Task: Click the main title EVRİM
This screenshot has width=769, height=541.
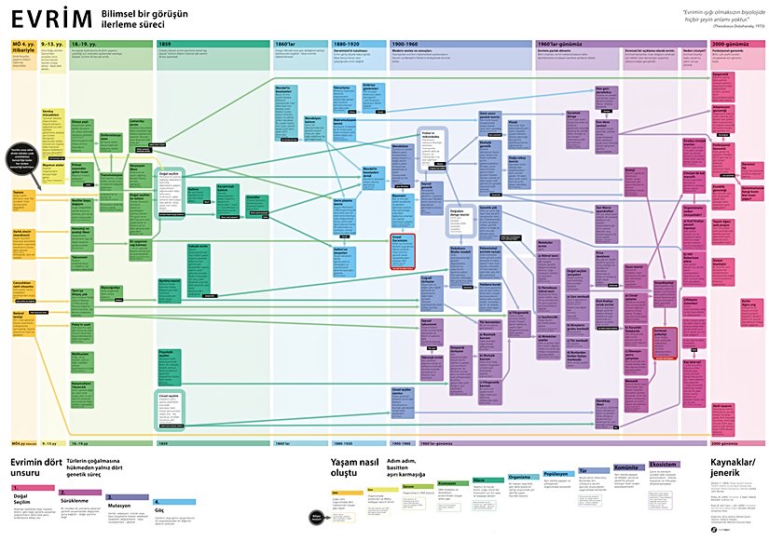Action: (51, 20)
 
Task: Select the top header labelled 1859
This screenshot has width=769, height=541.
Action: (164, 44)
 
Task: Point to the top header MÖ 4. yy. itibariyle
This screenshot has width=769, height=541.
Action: (22, 47)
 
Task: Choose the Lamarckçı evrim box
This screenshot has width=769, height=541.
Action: (138, 126)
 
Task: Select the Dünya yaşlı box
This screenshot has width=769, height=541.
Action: (83, 125)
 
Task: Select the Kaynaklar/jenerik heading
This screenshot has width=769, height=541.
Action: (736, 468)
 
